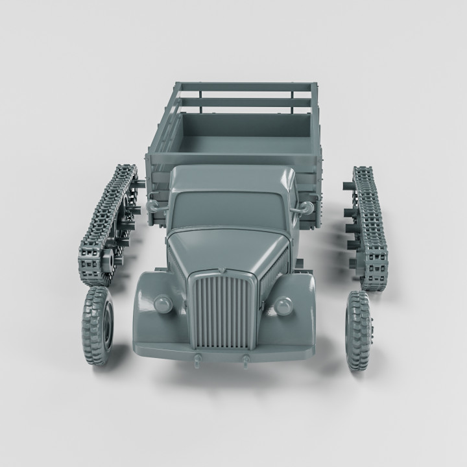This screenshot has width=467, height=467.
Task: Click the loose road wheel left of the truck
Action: point(97,326)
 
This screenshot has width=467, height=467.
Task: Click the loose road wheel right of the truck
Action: point(359,331)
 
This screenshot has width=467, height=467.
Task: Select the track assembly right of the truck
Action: point(369,227)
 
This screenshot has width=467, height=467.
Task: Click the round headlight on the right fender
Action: point(283,305)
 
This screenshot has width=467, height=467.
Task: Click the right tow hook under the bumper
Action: point(246,360)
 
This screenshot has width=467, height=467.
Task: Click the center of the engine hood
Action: point(224,246)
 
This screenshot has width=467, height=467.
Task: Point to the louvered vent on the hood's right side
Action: point(274,272)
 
